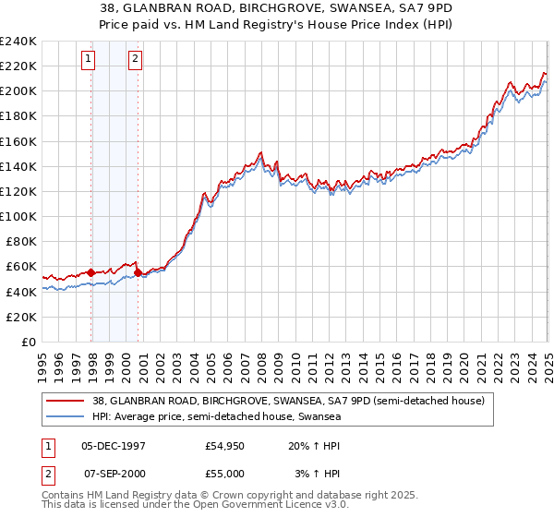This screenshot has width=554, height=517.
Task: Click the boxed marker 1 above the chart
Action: pyautogui.click(x=88, y=60)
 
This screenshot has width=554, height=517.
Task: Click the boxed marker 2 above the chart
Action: pyautogui.click(x=135, y=60)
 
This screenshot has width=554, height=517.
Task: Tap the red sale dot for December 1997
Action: pyautogui.click(x=91, y=272)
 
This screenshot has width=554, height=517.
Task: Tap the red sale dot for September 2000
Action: pyautogui.click(x=138, y=272)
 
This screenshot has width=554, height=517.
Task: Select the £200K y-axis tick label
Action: pyautogui.click(x=18, y=90)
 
